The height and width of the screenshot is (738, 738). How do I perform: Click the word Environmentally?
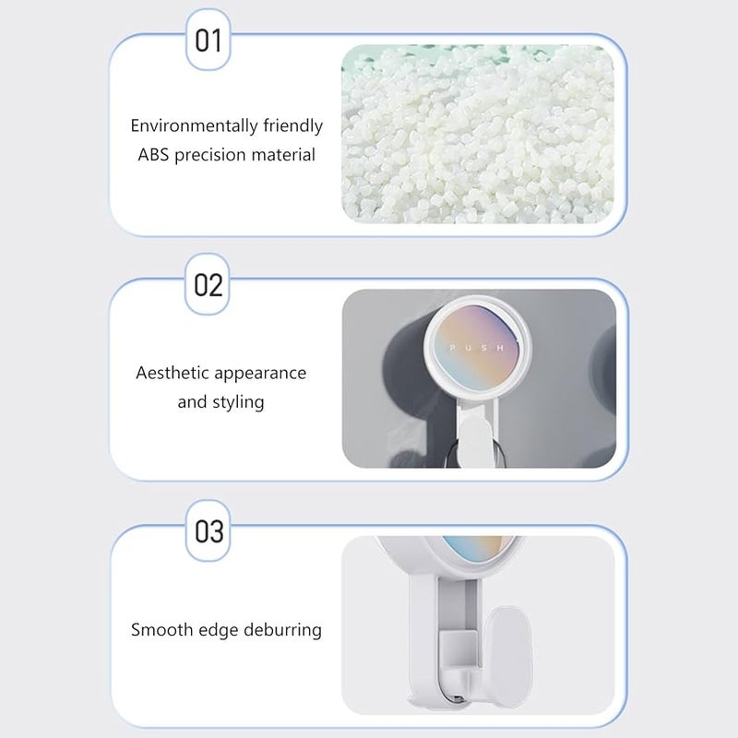(x=195, y=126)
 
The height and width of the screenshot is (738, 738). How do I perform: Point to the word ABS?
(x=153, y=155)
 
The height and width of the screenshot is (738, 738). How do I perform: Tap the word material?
(x=283, y=155)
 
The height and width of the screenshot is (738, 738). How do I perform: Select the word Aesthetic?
(x=172, y=374)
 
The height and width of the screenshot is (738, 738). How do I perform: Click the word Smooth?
(x=162, y=630)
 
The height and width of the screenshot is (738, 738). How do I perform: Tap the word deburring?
(x=282, y=630)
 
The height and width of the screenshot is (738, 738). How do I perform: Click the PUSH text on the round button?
(x=476, y=348)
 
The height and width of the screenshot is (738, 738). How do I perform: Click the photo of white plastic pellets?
(x=478, y=134)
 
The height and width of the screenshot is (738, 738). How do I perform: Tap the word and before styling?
(x=192, y=403)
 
